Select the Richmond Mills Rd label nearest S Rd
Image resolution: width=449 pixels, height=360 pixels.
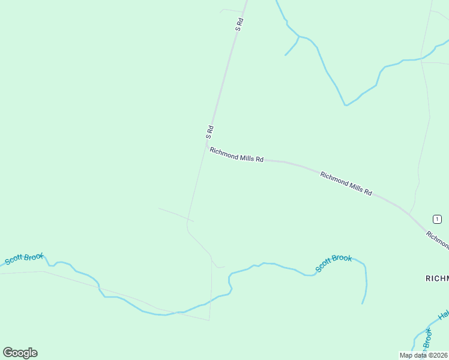coord(237,155)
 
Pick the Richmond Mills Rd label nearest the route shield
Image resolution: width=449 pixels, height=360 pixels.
coord(346,184)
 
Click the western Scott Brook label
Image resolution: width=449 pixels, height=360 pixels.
coord(25,259)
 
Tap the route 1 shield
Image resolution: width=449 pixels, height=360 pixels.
coord(438,218)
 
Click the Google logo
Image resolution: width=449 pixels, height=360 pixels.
coord(20,353)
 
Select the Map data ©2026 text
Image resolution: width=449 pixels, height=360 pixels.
coord(423,355)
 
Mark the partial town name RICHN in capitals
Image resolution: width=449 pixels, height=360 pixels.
coord(437,278)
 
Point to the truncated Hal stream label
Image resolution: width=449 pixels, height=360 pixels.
coord(444,314)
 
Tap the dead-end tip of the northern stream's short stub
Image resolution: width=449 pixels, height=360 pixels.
coord(285,55)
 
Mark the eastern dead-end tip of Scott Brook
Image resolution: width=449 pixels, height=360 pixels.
coord(362,304)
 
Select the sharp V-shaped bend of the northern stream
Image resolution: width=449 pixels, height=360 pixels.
coord(346,105)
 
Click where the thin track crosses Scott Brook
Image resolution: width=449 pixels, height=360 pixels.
coord(211,299)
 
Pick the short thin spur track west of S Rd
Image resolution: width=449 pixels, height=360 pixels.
coord(175,215)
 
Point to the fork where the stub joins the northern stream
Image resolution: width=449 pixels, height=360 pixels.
coord(298,37)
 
